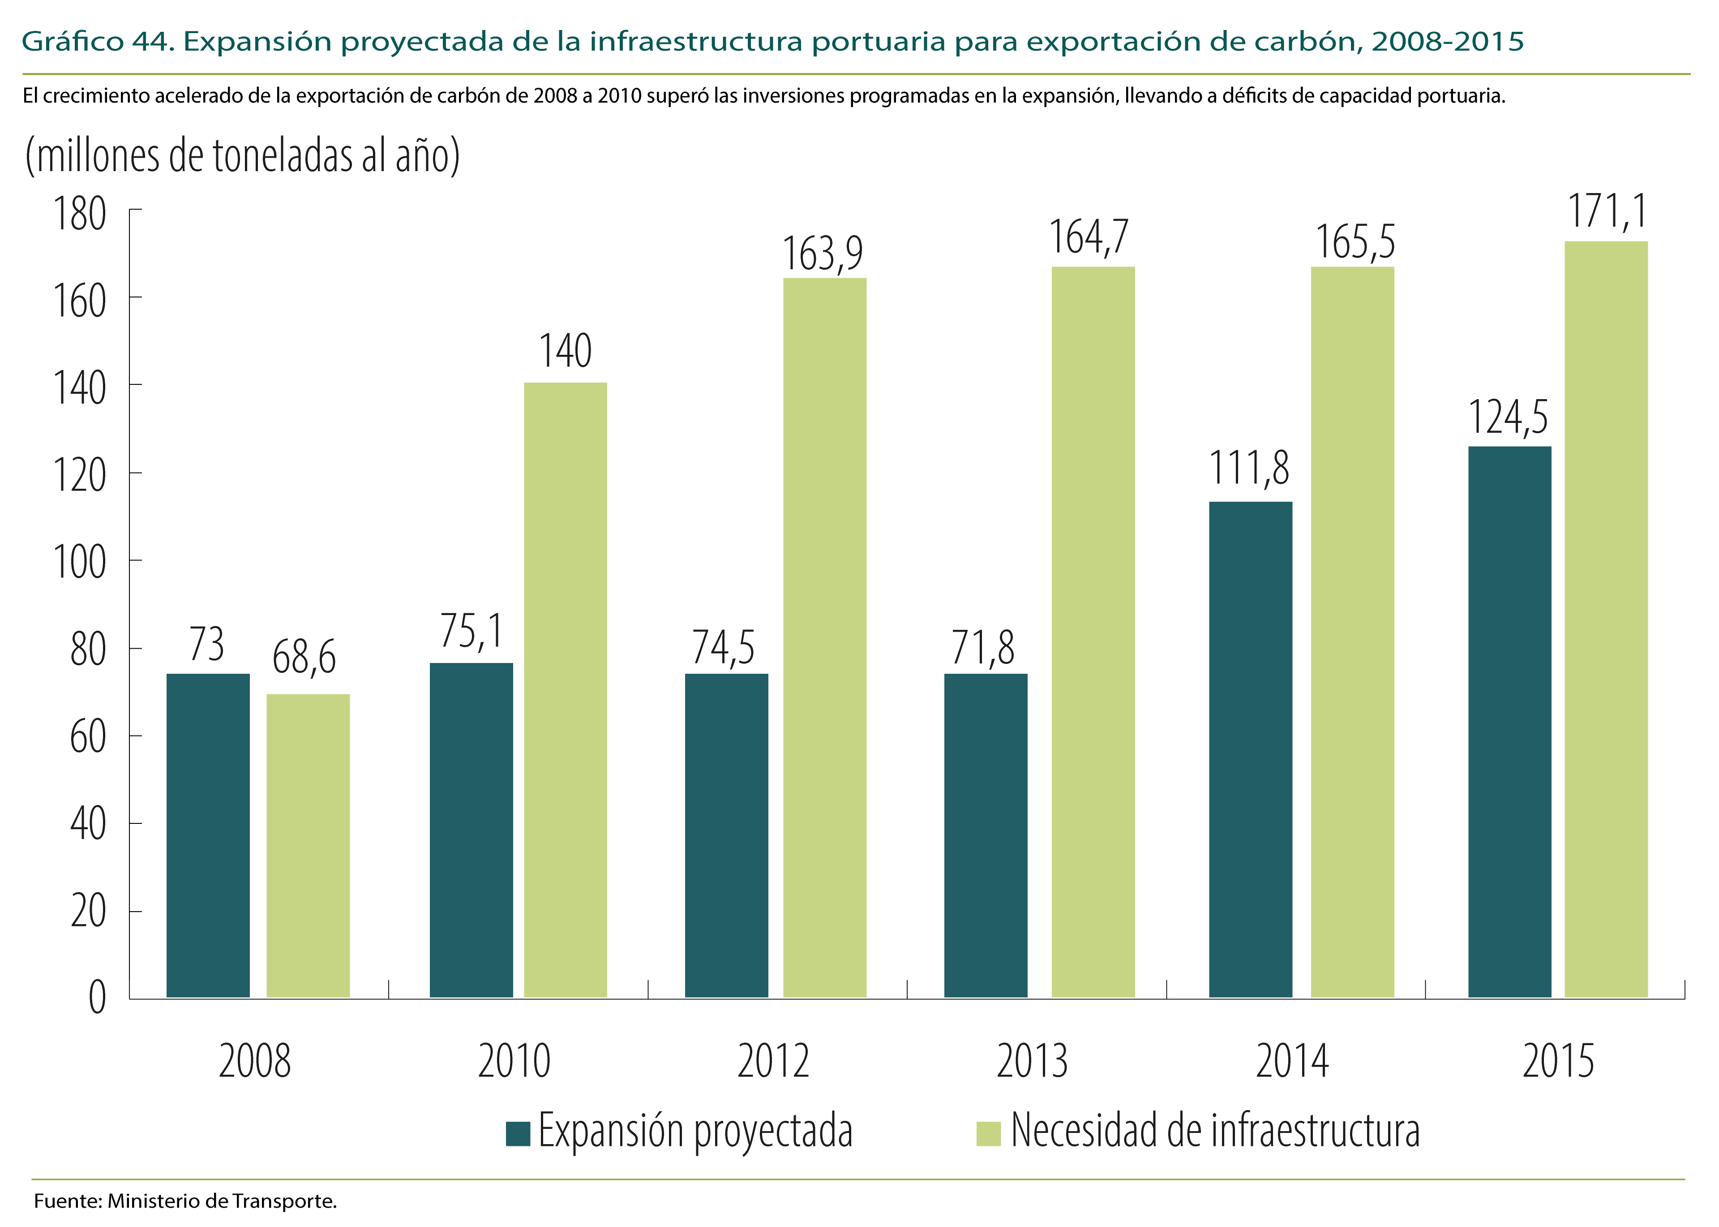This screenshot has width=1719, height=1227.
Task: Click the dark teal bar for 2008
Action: click(208, 835)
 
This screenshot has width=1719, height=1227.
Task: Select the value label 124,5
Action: click(1508, 418)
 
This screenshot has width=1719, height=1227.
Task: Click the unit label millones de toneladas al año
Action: click(242, 155)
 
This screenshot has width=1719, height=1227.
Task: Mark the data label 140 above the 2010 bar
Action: click(565, 351)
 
